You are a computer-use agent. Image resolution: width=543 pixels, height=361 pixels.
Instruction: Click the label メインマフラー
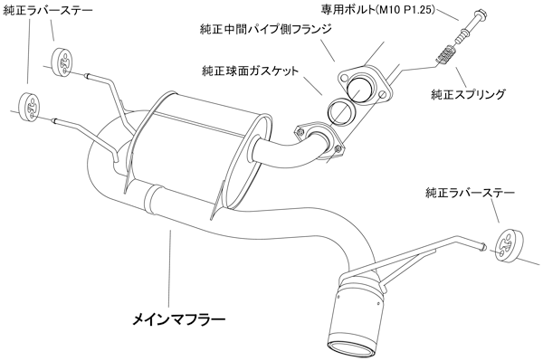(178, 318)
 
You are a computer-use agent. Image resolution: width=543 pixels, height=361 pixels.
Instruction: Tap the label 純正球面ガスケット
(250, 71)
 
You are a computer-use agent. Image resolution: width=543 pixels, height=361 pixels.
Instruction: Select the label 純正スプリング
(468, 94)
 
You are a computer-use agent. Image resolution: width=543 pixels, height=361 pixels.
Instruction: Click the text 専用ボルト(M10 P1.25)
(377, 10)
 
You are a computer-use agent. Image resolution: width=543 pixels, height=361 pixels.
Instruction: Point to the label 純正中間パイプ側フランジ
(265, 29)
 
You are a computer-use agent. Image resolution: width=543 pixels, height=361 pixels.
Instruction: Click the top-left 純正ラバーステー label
(48, 10)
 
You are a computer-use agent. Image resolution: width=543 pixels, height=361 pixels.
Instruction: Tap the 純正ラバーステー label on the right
(470, 193)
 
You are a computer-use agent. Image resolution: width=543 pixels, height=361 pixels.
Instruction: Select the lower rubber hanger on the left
(30, 107)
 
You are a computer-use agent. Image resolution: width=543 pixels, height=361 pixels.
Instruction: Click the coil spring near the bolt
(445, 54)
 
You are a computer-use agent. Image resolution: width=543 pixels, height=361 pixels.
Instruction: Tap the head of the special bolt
(481, 14)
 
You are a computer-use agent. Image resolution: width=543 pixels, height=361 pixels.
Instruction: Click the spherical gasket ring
(341, 109)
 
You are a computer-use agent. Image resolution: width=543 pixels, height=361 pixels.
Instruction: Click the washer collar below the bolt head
(462, 35)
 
